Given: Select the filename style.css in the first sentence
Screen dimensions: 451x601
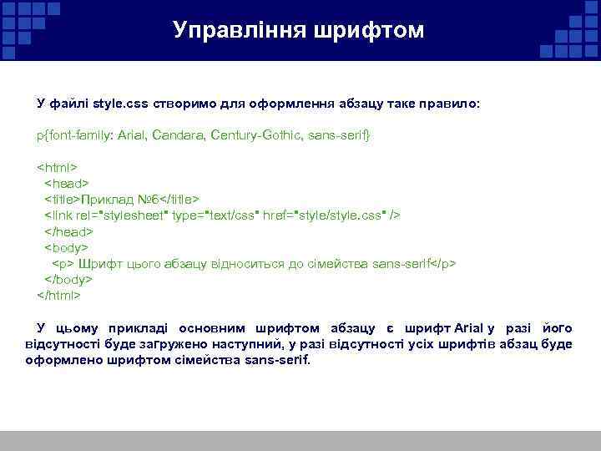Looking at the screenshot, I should coord(121,104).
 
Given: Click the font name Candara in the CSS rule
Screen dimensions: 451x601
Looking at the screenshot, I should coord(179,134).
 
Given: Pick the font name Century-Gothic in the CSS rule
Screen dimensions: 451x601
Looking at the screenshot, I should coord(256,134).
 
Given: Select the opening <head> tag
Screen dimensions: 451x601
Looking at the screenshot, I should coord(66,183).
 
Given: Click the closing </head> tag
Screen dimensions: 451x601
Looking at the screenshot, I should coord(68,231).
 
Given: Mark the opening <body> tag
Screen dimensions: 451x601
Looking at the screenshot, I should coord(66,247).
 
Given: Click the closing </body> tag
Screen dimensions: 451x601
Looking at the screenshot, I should coord(68,279).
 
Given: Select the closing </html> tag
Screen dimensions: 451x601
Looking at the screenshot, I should coord(59,295).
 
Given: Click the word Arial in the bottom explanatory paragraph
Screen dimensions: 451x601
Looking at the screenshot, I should coord(468,328).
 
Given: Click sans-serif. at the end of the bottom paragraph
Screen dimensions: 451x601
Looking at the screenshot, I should coord(276,361).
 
